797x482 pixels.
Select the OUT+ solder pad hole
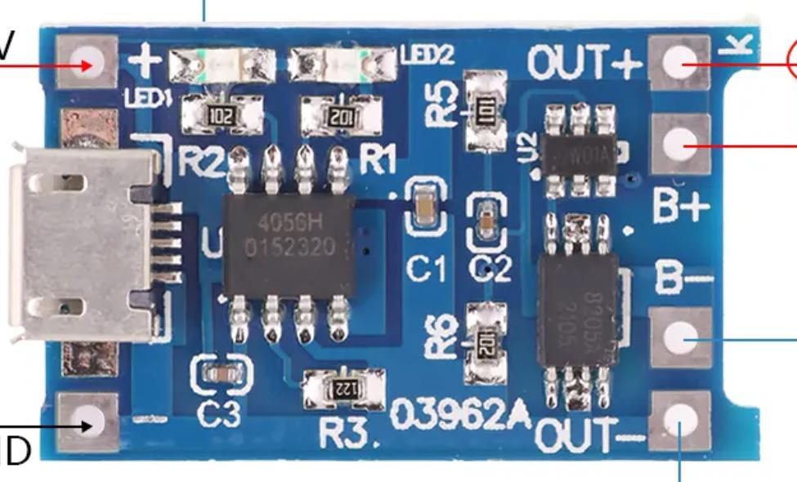678,63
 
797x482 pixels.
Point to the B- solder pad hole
678,336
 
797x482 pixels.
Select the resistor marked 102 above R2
222,114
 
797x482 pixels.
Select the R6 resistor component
484,342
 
